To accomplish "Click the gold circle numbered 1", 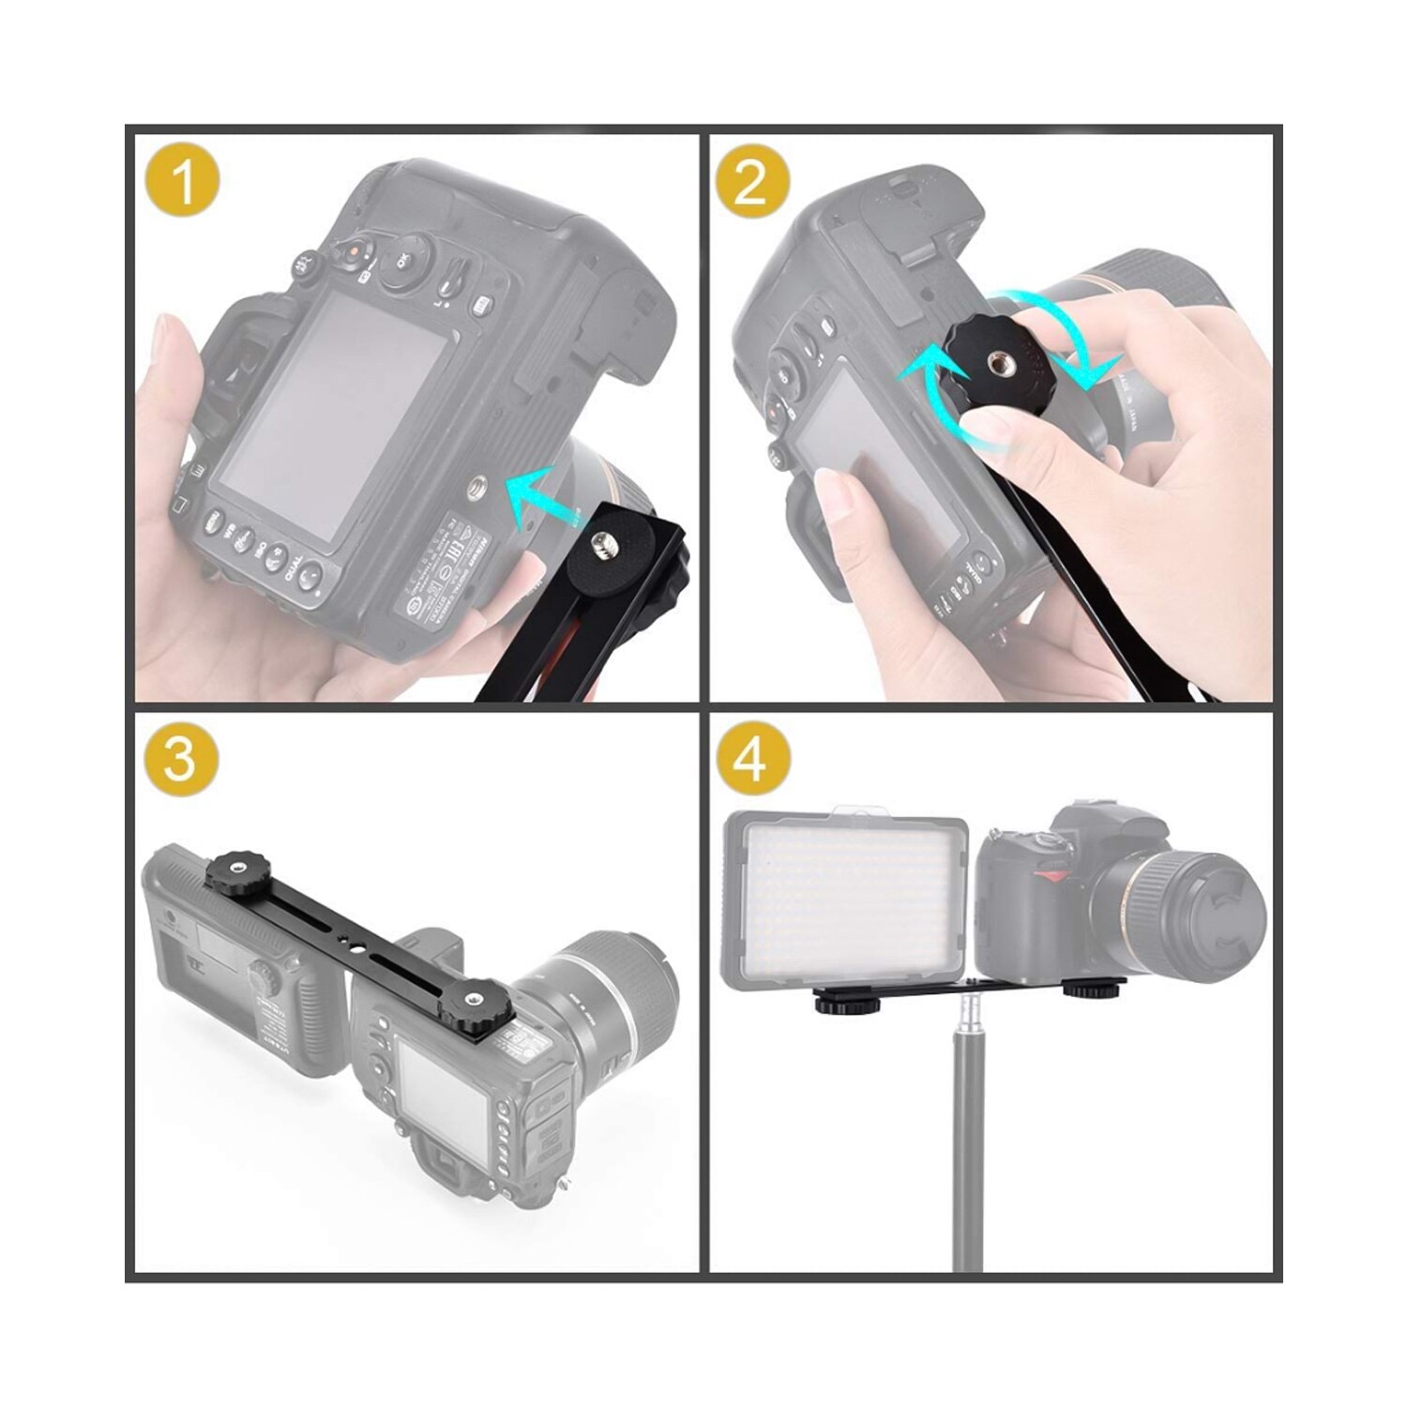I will click(183, 181).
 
